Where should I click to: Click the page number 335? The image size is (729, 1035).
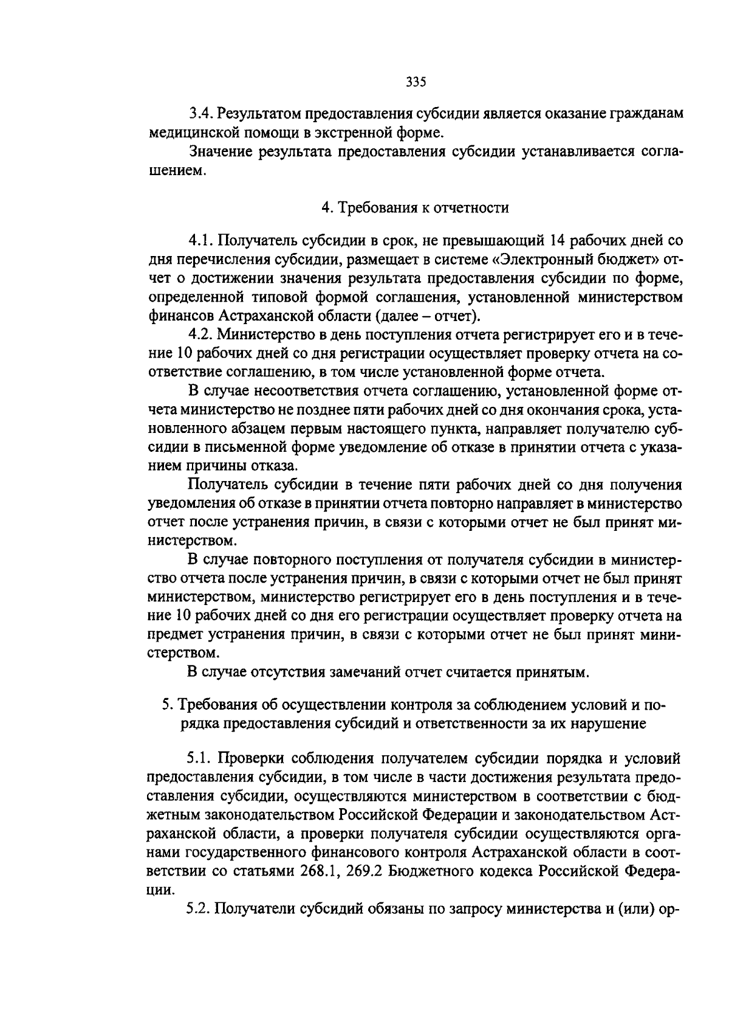tap(416, 83)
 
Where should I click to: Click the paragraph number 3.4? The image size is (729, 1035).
tap(200, 114)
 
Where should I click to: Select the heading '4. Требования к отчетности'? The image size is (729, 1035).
tap(415, 209)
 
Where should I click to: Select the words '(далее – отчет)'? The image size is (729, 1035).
tap(429, 316)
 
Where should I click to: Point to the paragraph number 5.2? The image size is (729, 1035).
tap(199, 909)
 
